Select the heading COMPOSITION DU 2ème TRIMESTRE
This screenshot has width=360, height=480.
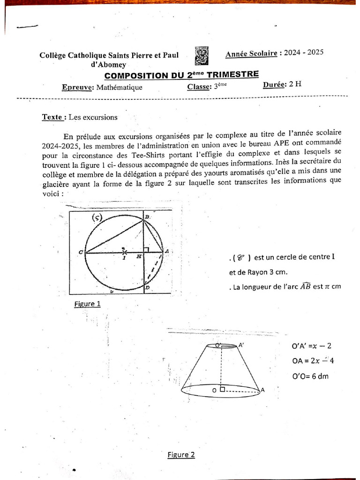pyautogui.click(x=181, y=75)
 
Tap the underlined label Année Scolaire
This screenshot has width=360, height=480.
pyautogui.click(x=251, y=53)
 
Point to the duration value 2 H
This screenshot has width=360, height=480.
pyautogui.click(x=296, y=84)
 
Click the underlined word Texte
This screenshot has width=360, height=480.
pyautogui.click(x=52, y=117)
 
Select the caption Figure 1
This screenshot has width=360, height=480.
pyautogui.click(x=87, y=304)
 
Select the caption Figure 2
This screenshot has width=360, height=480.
pyautogui.click(x=181, y=454)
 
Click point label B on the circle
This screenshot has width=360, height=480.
pyautogui.click(x=147, y=217)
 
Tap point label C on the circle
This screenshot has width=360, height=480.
pyautogui.click(x=81, y=253)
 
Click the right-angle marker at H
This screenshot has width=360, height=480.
pyautogui.click(x=146, y=250)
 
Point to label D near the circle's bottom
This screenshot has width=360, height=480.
pyautogui.click(x=147, y=287)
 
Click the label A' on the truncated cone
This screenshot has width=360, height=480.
pyautogui.click(x=241, y=345)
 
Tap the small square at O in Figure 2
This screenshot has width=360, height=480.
pyautogui.click(x=222, y=389)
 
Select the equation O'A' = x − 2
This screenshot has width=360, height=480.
pyautogui.click(x=311, y=346)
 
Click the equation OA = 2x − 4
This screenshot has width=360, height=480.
pyautogui.click(x=313, y=361)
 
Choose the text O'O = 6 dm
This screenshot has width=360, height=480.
pyautogui.click(x=310, y=376)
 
